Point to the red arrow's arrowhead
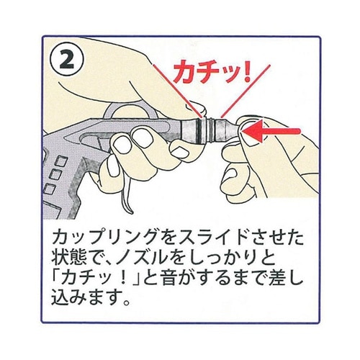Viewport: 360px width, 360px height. tap(248, 132)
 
